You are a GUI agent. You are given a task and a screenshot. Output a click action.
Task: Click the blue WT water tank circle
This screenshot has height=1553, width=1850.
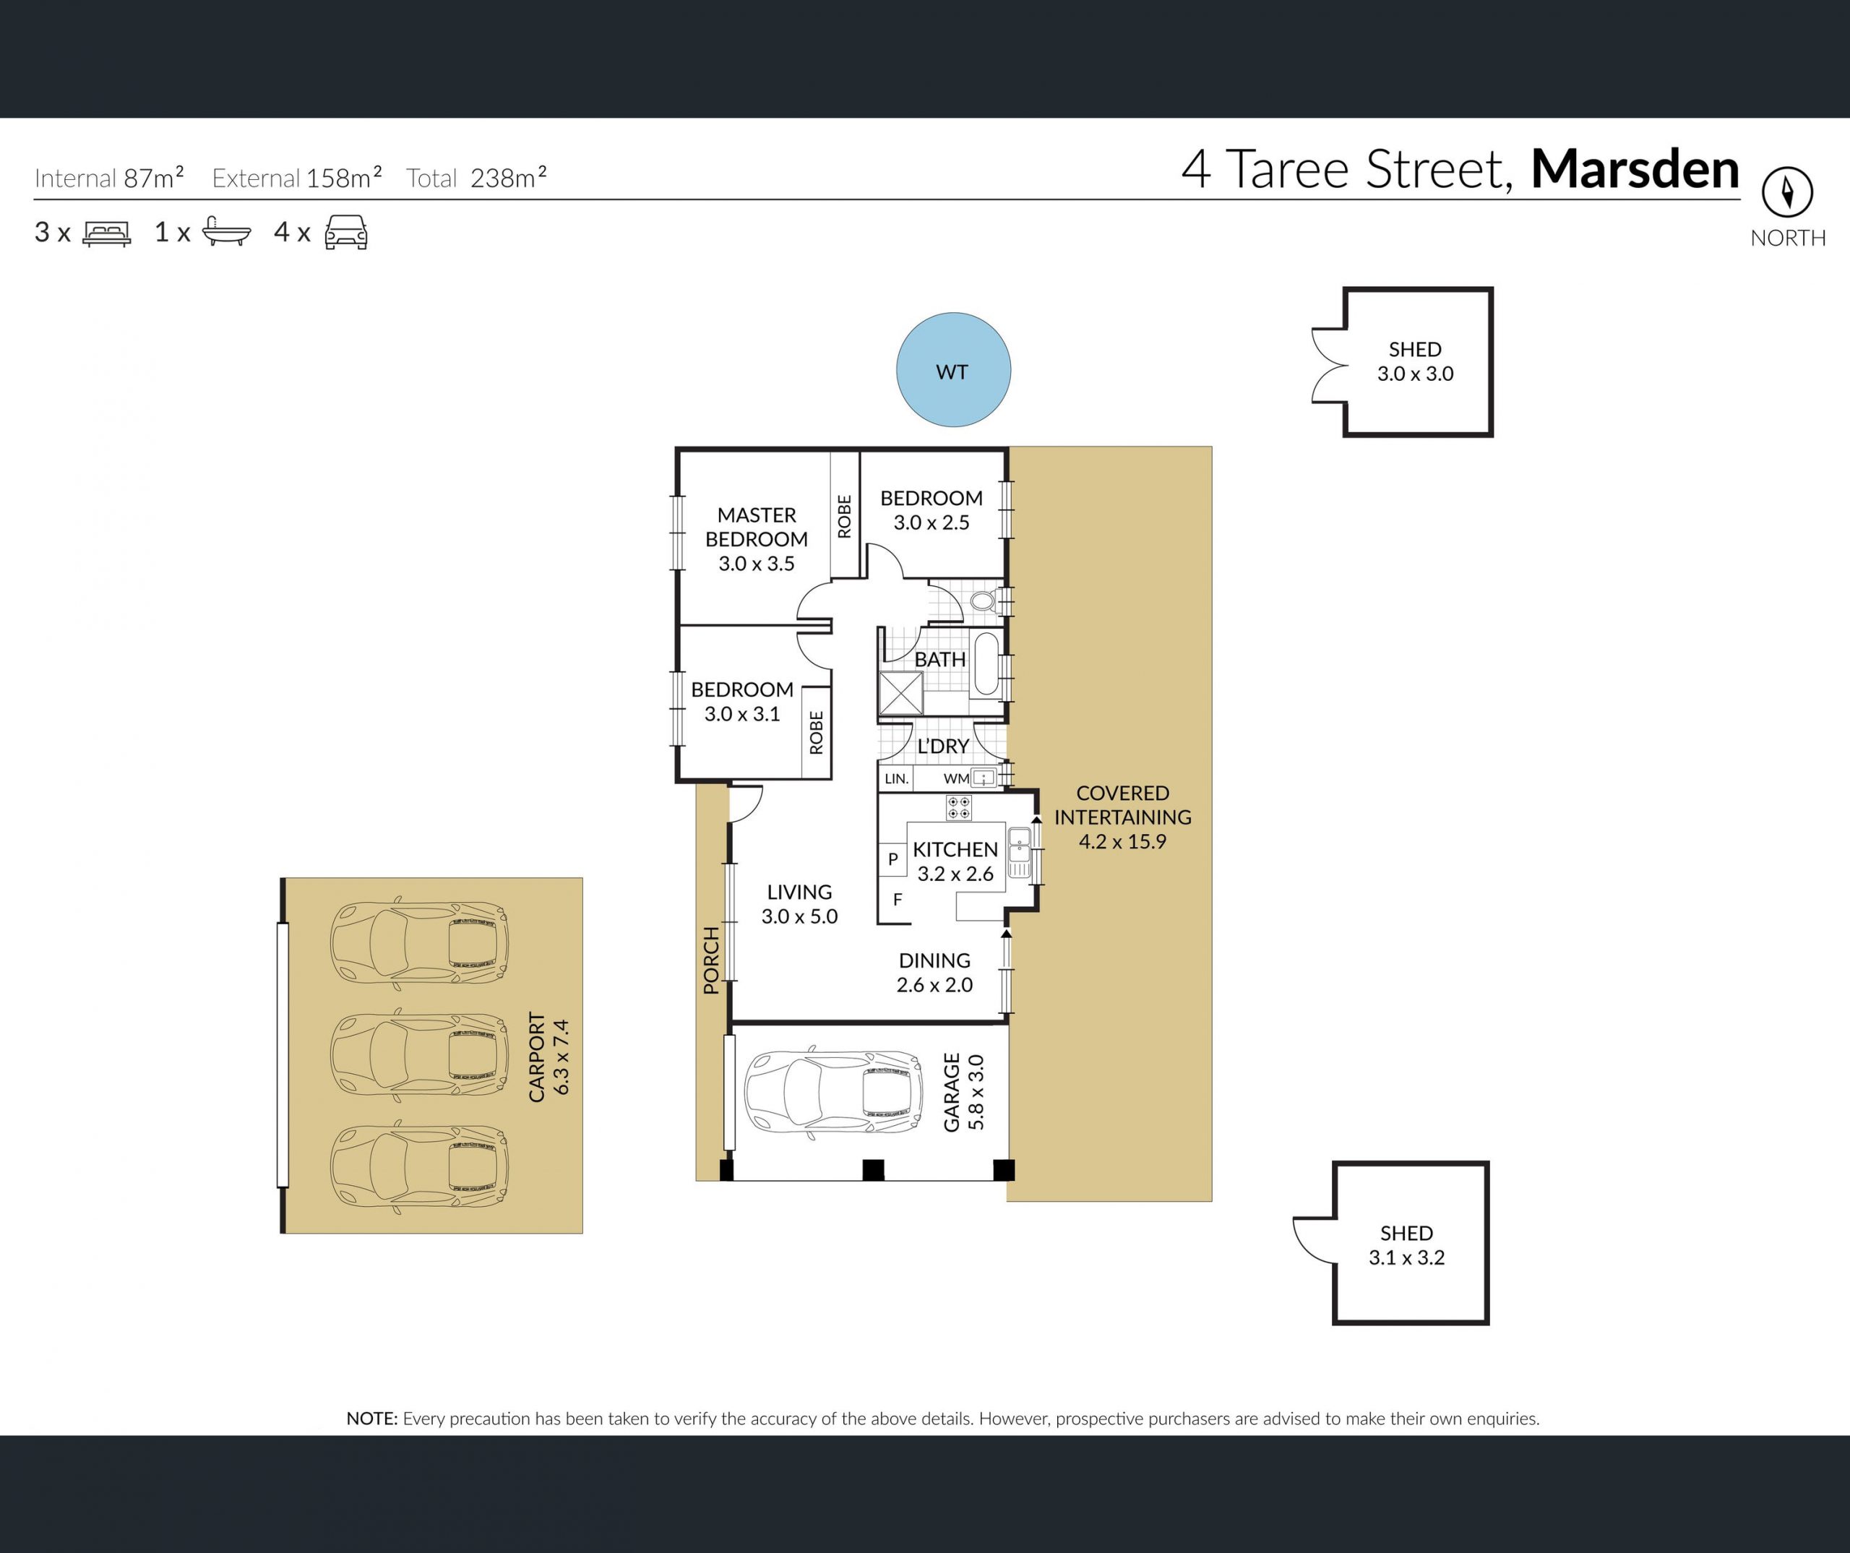[953, 370]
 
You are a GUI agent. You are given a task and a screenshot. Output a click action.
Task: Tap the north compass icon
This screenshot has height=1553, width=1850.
[1787, 192]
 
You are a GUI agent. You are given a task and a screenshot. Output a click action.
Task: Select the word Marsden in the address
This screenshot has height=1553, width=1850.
[1635, 168]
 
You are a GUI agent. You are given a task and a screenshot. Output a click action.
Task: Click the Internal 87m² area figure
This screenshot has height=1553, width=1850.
[109, 177]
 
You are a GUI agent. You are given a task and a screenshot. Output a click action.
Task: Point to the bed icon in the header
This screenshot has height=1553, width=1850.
[107, 233]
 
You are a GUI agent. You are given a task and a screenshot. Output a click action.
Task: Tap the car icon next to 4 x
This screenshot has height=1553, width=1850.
[346, 233]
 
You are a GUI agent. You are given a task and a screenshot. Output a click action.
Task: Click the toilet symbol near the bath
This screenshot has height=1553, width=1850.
[983, 602]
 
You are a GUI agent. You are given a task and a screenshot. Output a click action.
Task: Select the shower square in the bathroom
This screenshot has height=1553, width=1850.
[901, 692]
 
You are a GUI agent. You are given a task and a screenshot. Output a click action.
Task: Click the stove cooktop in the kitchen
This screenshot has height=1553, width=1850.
[958, 808]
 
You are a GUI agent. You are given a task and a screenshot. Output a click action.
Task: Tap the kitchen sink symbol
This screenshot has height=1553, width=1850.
[1019, 853]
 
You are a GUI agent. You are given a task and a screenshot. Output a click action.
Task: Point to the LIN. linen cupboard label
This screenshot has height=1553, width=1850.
[896, 779]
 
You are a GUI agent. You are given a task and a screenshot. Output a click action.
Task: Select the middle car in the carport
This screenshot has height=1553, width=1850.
[419, 1054]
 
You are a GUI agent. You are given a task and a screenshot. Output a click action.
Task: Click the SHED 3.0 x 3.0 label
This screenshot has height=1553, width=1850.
[1416, 361]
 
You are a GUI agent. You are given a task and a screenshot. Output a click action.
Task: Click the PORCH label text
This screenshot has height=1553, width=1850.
[711, 960]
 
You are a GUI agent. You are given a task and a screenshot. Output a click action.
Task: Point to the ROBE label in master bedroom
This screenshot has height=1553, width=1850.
[845, 516]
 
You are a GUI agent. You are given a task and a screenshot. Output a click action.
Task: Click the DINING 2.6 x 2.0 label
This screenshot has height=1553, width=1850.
[934, 973]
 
